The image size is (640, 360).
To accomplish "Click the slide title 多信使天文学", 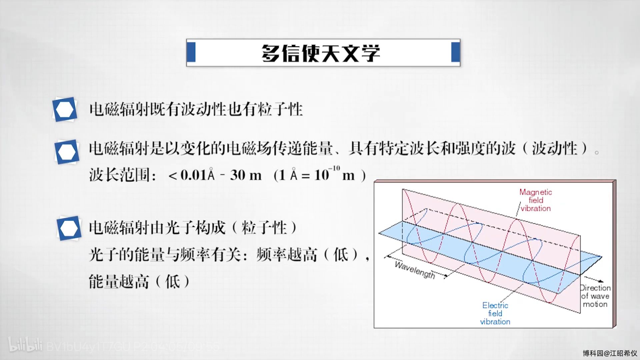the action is [321, 53].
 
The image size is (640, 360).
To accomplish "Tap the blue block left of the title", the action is [191, 52].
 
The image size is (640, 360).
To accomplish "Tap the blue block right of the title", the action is [455, 52].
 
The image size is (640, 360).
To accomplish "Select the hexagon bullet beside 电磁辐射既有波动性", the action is [65, 109].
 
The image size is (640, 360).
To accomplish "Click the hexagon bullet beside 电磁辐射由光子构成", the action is [69, 228].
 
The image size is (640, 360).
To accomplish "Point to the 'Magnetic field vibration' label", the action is [536, 200].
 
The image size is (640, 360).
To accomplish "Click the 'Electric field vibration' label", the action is [495, 313].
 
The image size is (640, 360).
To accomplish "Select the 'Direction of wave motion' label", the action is [595, 296].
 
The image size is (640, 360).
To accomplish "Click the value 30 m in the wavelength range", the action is [246, 175].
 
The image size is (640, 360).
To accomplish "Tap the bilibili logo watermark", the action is [25, 345].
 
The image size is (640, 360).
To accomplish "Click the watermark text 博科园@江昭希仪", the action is [610, 353].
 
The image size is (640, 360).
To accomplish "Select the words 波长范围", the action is [119, 175].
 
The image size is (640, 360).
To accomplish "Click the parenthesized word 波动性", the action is [554, 148].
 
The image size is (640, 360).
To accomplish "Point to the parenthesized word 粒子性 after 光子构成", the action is [264, 228].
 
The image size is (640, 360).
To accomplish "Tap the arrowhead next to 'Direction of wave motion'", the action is [601, 281].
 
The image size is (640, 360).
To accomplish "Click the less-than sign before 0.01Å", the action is [173, 176].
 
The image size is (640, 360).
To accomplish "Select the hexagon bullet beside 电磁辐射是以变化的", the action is [67, 152].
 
